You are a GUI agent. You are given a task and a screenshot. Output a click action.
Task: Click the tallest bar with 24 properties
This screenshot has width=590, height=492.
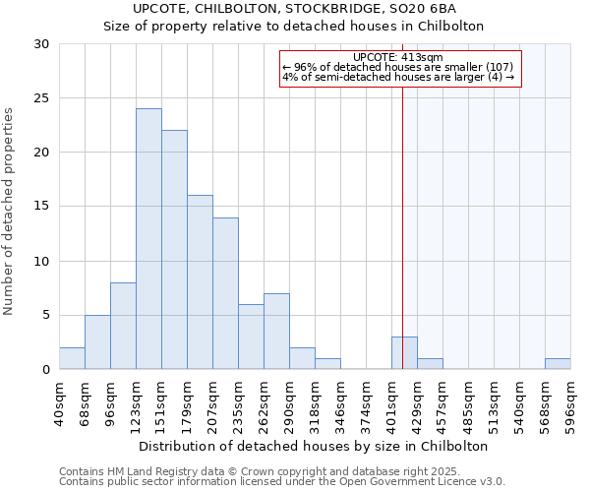click(x=148, y=239)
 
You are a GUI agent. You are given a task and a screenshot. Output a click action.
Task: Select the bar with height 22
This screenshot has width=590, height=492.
click(x=174, y=250)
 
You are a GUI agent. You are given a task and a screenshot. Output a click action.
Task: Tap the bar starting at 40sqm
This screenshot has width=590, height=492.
click(x=72, y=359)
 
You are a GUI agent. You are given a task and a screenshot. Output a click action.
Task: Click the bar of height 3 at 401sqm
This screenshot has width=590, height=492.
click(x=404, y=353)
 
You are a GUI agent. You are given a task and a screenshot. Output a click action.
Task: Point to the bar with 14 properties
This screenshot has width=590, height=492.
click(x=225, y=293)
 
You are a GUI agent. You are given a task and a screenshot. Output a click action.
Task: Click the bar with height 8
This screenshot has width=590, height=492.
click(x=123, y=326)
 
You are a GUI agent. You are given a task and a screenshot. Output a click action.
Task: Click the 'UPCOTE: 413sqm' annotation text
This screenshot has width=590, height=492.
click(x=398, y=57)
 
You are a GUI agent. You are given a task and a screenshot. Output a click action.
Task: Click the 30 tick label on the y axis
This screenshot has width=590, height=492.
click(x=41, y=44)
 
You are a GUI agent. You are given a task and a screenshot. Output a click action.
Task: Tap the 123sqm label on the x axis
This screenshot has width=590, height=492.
click(x=137, y=404)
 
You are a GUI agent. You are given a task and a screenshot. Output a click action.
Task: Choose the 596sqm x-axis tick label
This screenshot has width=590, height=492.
click(x=571, y=404)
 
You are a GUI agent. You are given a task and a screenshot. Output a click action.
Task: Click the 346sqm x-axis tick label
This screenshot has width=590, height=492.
click(x=341, y=404)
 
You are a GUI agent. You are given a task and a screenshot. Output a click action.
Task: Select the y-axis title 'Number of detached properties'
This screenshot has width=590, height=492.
click(x=10, y=207)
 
